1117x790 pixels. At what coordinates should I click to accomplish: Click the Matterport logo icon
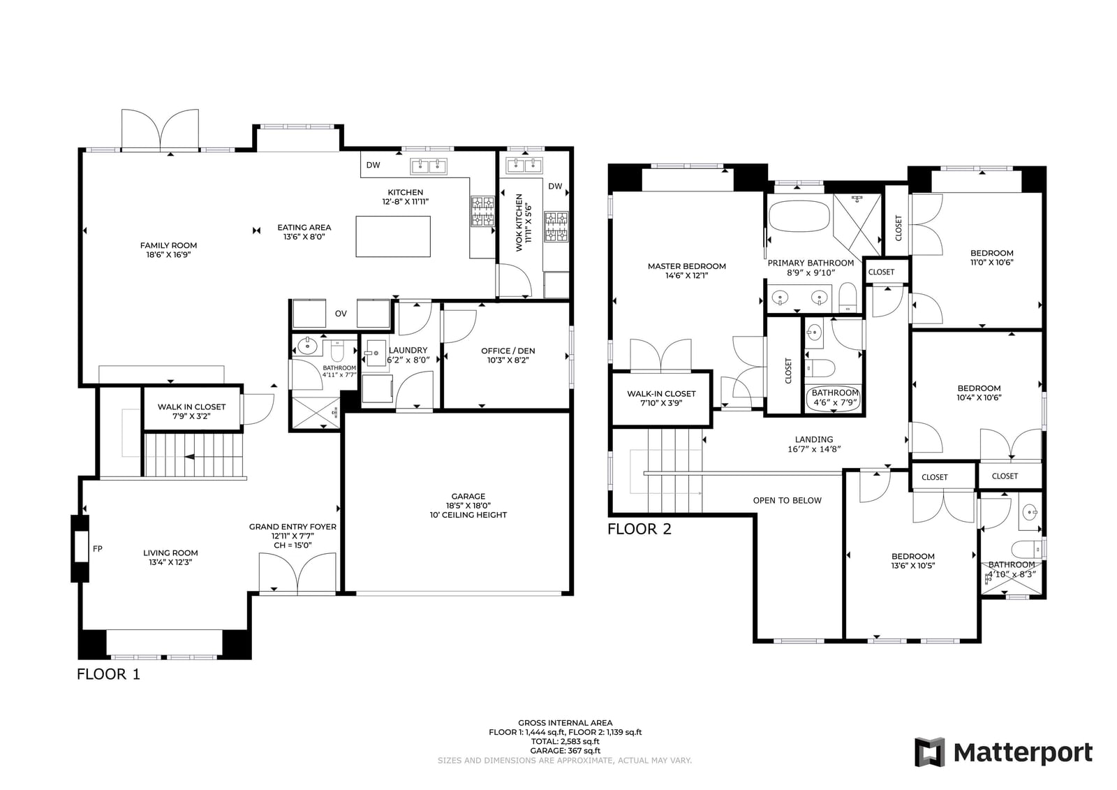(929, 752)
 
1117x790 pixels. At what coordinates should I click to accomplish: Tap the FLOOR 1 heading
(108, 674)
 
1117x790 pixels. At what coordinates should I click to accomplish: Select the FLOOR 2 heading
(639, 529)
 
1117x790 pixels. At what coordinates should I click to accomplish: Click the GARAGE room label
(468, 506)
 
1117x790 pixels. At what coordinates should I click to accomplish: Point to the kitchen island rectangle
(393, 237)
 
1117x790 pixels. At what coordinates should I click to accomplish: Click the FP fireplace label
(98, 548)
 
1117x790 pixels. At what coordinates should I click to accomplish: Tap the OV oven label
(341, 314)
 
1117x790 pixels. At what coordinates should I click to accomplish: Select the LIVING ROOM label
(170, 557)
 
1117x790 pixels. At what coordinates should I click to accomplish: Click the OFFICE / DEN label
(508, 356)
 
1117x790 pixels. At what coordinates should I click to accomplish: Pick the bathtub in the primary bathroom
(799, 216)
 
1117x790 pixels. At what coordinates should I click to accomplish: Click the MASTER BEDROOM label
(687, 270)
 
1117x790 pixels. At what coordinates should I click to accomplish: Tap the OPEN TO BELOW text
(787, 501)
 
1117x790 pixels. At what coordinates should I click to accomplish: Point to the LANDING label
(814, 444)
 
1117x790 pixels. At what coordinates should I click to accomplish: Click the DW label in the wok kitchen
(555, 186)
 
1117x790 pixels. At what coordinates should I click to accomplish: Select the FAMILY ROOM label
(168, 250)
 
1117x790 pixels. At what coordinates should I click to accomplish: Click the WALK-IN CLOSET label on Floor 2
(661, 398)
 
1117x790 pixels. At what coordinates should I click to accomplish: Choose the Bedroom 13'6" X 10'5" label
(913, 561)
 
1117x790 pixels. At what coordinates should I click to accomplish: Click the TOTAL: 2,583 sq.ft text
(565, 742)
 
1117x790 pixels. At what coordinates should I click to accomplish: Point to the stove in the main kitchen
(482, 212)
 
